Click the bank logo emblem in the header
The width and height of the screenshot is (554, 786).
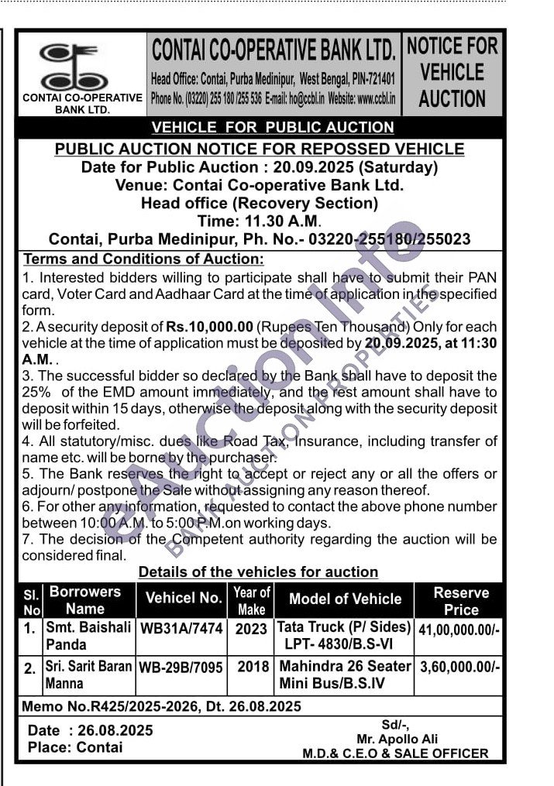point(80,67)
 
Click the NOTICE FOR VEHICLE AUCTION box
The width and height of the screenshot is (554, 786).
point(452,73)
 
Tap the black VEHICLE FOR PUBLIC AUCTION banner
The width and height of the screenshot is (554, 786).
point(273,127)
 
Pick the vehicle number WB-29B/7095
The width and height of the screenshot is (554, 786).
point(181,667)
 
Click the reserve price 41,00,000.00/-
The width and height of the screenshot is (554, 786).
point(459,629)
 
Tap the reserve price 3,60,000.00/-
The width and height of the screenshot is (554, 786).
point(459,666)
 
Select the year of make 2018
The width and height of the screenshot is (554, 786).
point(252,666)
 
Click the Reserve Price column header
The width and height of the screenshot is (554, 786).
point(460,600)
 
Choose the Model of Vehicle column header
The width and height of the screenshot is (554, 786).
point(345,599)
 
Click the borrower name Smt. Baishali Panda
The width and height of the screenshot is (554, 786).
point(88,636)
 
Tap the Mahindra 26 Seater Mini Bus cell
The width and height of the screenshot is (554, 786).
point(345,674)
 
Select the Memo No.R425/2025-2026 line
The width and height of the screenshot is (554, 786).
point(161,706)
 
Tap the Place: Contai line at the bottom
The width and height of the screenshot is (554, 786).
point(75,747)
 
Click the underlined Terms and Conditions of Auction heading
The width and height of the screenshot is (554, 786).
point(144,259)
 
